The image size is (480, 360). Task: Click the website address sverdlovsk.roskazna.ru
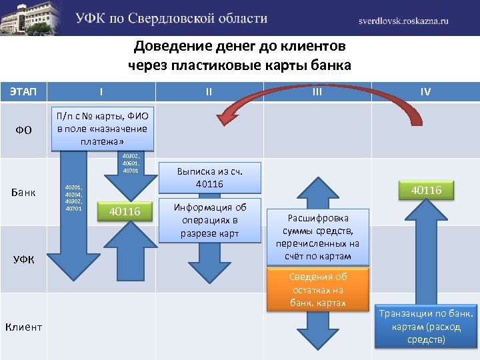point(403,21)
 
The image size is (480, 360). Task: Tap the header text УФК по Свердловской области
point(171,19)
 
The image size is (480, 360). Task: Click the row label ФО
point(24,129)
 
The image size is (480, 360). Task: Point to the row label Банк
point(24,193)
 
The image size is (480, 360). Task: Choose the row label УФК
point(24,259)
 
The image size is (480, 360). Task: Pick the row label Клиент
point(24,327)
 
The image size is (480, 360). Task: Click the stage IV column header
point(425,91)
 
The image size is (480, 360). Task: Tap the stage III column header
point(317,91)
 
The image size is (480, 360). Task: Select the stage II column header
point(209,91)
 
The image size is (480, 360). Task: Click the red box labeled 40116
point(426,191)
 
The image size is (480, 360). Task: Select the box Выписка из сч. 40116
point(209,177)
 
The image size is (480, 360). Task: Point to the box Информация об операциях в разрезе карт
point(210,220)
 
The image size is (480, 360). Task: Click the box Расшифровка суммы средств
point(317,237)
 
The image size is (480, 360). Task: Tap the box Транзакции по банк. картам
point(426,326)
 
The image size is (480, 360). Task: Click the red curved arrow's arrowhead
point(227,116)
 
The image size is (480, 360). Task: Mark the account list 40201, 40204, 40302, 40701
point(73,198)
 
